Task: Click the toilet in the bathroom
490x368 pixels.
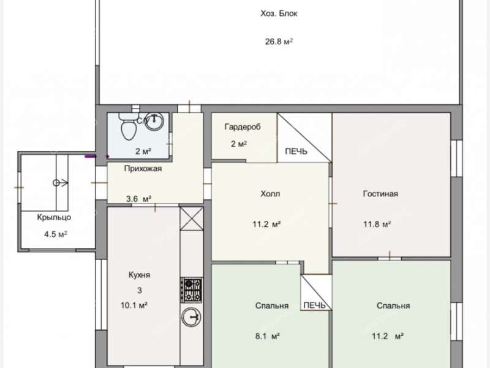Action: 127,126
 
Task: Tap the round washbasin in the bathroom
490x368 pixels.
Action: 154,121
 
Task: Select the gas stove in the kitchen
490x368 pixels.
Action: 192,290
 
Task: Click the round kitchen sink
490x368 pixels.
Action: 192,317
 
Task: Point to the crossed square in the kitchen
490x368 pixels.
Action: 192,219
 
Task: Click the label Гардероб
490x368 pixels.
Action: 243,127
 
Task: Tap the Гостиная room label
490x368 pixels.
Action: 380,194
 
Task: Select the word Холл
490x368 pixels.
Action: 270,194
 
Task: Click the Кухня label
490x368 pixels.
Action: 140,275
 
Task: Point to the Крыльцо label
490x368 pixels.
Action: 54,217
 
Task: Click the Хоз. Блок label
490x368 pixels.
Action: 279,13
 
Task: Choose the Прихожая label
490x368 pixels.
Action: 143,169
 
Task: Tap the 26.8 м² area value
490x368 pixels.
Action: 279,41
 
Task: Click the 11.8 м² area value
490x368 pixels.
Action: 377,224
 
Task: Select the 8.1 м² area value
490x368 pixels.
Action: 267,336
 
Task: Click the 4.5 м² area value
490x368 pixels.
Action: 56,234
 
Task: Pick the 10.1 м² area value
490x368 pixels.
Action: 134,305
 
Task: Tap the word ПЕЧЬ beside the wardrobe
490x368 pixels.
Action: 296,151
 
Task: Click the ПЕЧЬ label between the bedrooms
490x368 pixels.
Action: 314,305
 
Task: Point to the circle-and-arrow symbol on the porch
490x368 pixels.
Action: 60,183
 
